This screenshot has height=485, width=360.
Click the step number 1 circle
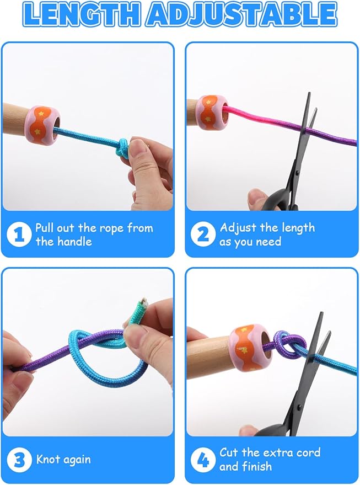[x=19, y=234]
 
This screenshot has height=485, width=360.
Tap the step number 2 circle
[x=203, y=234]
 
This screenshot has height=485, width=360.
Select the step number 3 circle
[x=19, y=460]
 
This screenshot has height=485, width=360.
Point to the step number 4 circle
[x=203, y=460]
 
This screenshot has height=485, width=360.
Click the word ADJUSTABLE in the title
[x=242, y=14]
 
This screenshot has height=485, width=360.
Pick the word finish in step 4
[x=257, y=466]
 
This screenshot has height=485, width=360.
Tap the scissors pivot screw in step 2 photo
[x=297, y=172]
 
